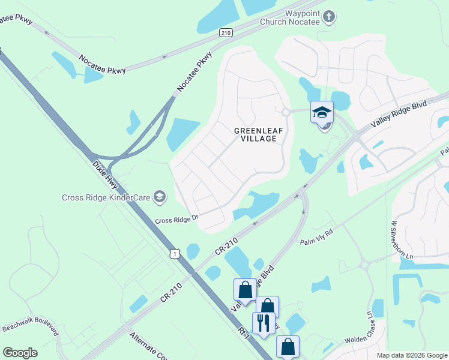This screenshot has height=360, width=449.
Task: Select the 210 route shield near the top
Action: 225,32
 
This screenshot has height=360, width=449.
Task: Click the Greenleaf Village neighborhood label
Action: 255,134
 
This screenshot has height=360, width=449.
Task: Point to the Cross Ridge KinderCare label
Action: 106,197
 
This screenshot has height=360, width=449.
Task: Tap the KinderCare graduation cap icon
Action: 160,196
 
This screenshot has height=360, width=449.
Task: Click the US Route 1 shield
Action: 173,254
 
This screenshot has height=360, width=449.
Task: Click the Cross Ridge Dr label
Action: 176,220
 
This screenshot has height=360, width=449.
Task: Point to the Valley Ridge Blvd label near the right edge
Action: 399,113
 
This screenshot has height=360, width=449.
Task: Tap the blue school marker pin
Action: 322,112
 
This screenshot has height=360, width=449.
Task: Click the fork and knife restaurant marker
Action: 263,323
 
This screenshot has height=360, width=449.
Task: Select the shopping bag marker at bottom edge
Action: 288,346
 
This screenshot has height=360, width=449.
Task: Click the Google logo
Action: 20,353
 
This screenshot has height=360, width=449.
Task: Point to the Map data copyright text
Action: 411,355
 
